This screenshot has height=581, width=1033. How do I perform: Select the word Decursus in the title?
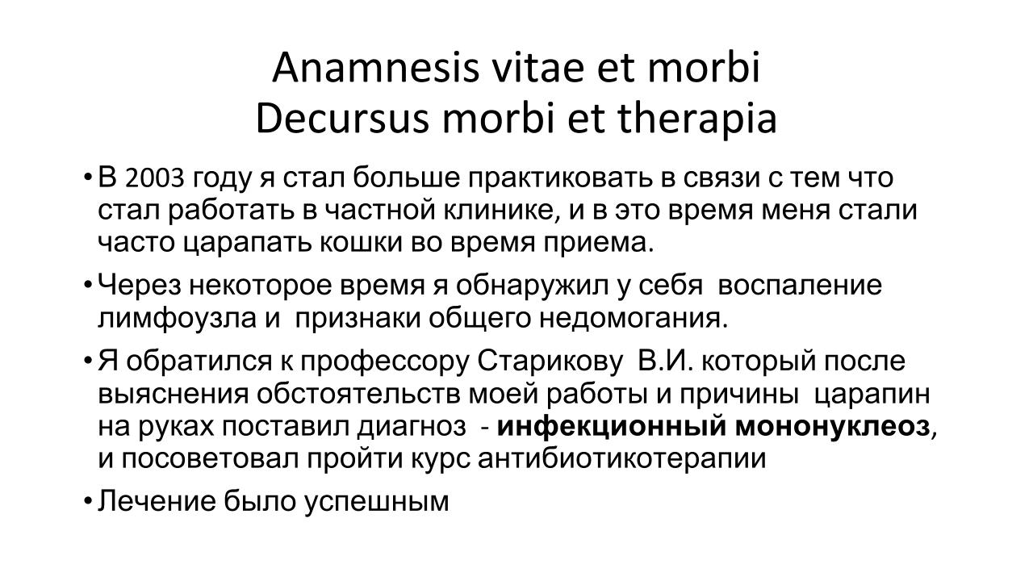point(342,119)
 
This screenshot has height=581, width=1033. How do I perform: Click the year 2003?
point(154,178)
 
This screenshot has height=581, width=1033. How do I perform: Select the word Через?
point(140,286)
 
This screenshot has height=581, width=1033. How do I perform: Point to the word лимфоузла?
point(177,319)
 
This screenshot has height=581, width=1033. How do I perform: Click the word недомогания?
point(634,319)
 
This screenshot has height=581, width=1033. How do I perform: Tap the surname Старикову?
point(550,361)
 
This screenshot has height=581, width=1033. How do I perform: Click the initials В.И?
point(665,361)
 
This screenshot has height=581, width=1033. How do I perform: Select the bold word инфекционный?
point(611,427)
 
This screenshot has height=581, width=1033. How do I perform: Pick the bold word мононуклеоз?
point(832,427)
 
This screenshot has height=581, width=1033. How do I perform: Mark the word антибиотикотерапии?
point(621,459)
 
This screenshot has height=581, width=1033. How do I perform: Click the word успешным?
point(376,502)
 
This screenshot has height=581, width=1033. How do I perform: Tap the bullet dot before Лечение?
point(88,502)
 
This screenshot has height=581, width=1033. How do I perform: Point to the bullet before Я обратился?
point(88,361)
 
